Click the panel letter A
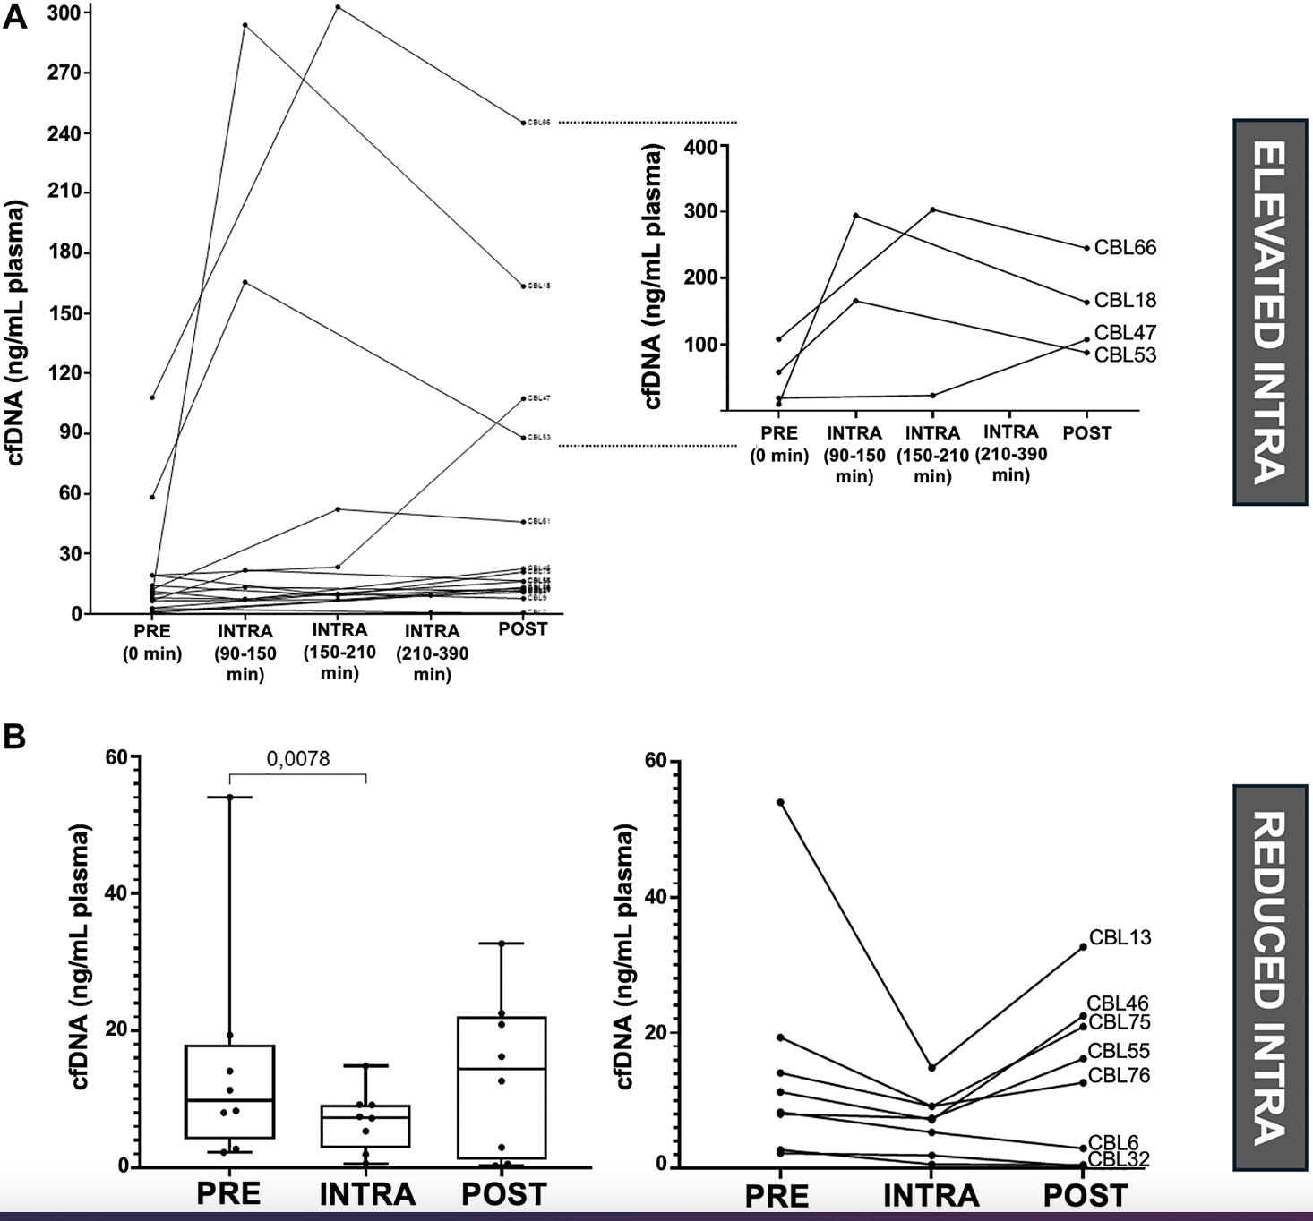click(15, 18)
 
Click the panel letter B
click(15, 738)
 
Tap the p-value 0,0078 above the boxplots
click(298, 760)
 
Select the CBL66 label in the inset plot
click(1125, 248)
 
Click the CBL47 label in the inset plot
click(1125, 333)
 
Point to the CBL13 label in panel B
click(1120, 938)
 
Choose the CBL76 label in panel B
click(1119, 1075)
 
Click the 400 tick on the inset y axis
click(699, 147)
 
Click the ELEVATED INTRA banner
click(1269, 312)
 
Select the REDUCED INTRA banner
click(1269, 978)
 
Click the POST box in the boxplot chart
click(502, 1088)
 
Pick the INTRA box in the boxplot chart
click(366, 1126)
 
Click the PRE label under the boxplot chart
click(228, 1194)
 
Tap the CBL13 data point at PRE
click(781, 802)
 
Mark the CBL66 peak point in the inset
click(932, 209)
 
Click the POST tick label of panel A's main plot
click(523, 629)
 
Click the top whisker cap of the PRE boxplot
click(229, 797)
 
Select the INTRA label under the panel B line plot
click(931, 1196)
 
